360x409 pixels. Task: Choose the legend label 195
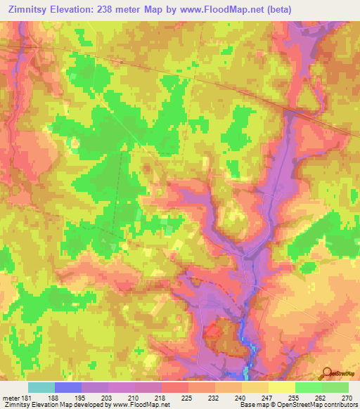coord(83,397)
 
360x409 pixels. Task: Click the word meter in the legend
coord(11,397)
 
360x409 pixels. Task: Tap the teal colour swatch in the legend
coord(41,387)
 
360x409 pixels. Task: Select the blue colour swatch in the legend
coord(68,387)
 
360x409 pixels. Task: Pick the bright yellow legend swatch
coord(282,387)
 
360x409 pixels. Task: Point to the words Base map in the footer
coord(252,405)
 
